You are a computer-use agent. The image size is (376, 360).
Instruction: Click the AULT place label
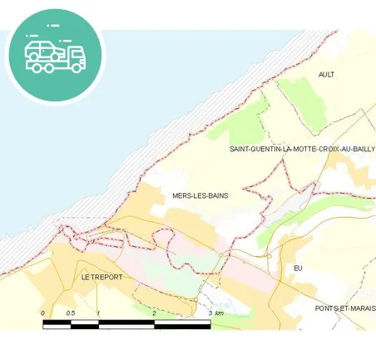coord(326,74)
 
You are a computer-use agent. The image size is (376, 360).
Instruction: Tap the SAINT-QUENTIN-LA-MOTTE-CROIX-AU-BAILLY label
coord(302,149)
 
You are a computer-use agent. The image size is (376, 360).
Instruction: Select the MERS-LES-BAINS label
coord(200,195)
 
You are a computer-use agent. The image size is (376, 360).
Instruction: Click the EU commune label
coord(299,268)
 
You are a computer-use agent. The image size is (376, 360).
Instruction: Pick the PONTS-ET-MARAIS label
coord(345,308)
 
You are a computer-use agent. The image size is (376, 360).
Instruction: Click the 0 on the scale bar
coord(43,313)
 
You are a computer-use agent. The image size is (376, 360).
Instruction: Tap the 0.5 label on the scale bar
coord(71,313)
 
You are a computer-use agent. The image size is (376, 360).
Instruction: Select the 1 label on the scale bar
coord(98,313)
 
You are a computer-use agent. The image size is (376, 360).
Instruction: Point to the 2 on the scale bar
coord(155,313)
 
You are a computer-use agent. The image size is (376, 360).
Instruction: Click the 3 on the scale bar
coord(210,313)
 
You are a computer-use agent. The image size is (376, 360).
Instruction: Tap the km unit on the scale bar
coord(220,313)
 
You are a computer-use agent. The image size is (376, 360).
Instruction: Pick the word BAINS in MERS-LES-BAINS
coord(216,195)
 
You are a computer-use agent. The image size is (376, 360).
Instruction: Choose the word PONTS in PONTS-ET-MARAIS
coord(326,308)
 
